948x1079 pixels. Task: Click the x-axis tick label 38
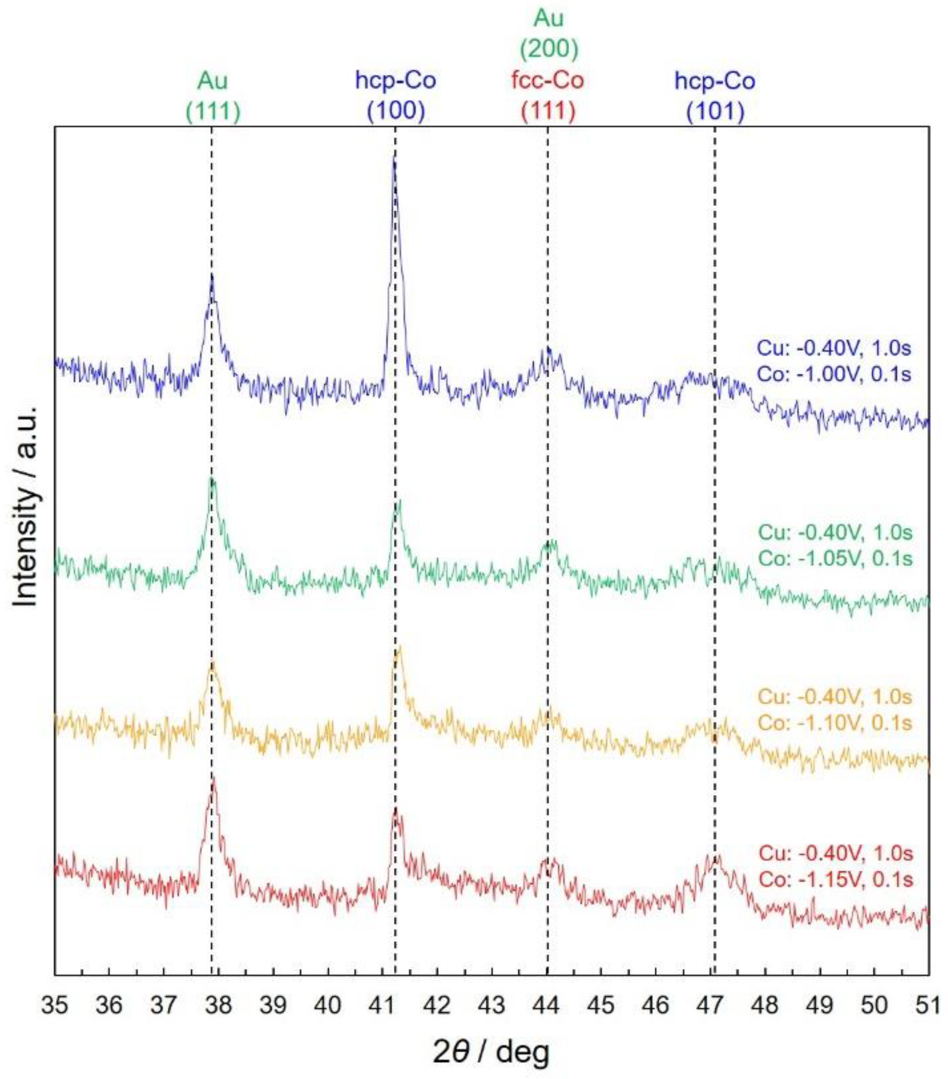coord(218,1005)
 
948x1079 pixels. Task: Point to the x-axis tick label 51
coord(928,1005)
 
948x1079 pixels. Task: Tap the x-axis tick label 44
coord(546,1005)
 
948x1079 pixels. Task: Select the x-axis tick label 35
coord(54,1005)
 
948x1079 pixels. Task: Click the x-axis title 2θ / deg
coord(491,1053)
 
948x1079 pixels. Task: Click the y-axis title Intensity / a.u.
coord(25,507)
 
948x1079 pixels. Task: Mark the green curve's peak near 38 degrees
coord(212,479)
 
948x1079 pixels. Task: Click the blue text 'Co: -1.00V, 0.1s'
coord(834,374)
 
